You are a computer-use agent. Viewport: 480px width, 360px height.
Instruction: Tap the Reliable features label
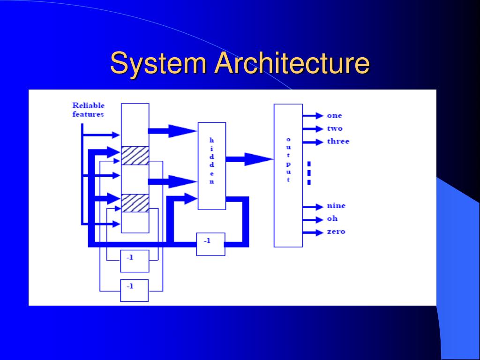tap(88, 110)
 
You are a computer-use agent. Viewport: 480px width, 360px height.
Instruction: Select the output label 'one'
tap(334, 116)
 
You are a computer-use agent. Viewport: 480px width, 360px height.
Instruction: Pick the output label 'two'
tap(335, 128)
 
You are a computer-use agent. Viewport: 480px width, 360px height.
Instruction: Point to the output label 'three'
tap(338, 141)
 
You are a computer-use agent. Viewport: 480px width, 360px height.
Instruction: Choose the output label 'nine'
tap(336, 205)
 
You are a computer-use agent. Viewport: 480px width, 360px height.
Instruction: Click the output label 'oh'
tap(332, 218)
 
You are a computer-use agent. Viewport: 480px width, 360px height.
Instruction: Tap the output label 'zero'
tap(336, 232)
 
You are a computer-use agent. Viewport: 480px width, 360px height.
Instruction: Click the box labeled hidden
tap(212, 166)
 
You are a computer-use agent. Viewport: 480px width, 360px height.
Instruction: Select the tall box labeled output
tap(288, 175)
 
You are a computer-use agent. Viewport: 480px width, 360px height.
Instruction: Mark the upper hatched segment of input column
tap(135, 156)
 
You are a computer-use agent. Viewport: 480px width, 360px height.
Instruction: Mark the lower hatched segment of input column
tap(135, 203)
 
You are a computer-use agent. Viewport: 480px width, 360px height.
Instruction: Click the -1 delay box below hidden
tap(210, 244)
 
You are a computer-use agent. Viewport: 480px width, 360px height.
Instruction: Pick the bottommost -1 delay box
tap(135, 291)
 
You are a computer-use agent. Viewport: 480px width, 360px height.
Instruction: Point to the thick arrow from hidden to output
tap(249, 159)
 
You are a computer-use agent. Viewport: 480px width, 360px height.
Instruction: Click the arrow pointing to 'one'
tap(313, 116)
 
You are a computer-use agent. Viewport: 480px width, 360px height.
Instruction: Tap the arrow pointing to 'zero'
tap(313, 232)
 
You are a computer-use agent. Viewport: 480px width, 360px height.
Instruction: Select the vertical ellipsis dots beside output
tap(309, 173)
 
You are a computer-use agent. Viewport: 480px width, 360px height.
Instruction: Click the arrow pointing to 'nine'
tap(313, 207)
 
